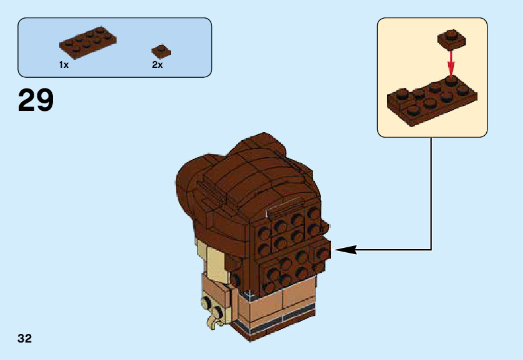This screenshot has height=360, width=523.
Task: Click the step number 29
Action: point(36,100)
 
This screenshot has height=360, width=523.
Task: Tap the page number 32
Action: point(25,339)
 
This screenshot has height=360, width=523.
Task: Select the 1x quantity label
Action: point(64,65)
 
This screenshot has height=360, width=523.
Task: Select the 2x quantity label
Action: point(157,65)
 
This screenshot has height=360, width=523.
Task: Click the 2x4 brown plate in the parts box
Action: point(87,40)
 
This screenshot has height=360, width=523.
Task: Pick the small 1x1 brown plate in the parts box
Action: point(161,51)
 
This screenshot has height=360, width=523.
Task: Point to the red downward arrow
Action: point(451,62)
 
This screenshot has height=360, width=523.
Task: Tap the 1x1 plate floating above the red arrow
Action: point(452,39)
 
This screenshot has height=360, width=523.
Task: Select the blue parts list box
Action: point(115,47)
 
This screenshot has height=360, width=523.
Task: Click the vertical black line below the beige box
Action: point(431,193)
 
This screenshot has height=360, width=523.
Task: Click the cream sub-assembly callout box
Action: point(432,77)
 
